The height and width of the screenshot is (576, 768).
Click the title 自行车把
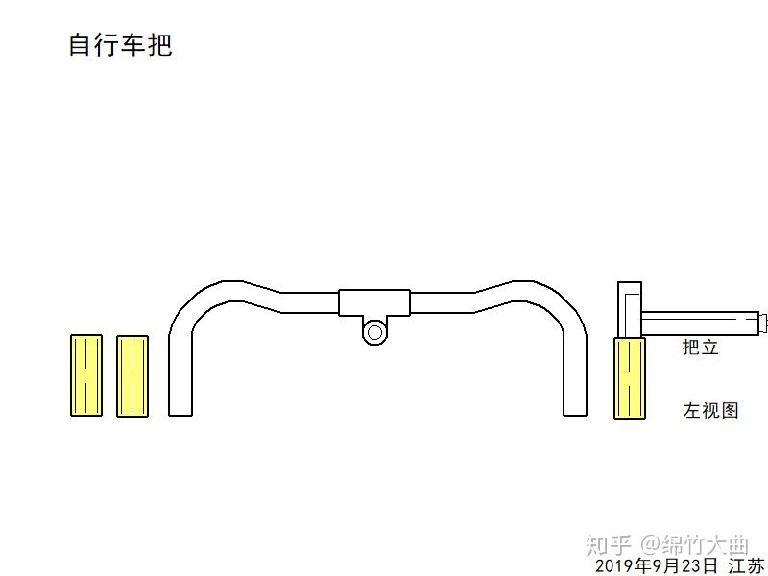coord(120,45)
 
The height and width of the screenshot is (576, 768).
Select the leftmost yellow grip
coord(86,375)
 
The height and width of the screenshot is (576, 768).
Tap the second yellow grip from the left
coord(132,376)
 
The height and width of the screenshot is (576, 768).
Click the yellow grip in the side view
coord(630,378)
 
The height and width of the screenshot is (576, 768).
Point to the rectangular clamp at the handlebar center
coord(374,302)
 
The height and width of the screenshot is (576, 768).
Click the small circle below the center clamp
coord(374,332)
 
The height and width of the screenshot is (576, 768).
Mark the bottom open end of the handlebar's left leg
coord(180,413)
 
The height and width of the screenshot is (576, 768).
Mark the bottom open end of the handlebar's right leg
coord(574,413)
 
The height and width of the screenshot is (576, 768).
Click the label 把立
coord(700,348)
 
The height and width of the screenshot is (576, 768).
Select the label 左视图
coord(711,411)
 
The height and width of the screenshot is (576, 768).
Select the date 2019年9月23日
coord(657,566)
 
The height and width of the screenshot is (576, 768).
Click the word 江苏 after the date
coord(747,566)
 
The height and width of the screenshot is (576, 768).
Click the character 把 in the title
coord(159,45)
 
